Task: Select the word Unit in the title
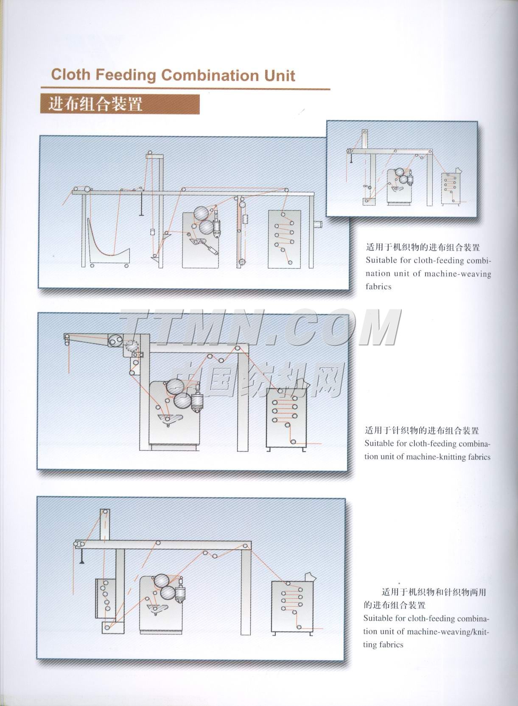[280, 76]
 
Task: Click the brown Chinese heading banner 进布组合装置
[120, 104]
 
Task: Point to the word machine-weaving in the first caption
[458, 274]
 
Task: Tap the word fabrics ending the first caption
[378, 286]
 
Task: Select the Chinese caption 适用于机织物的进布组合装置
[423, 247]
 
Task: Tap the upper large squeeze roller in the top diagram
[201, 214]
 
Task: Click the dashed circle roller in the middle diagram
[132, 346]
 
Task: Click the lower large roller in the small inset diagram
[403, 180]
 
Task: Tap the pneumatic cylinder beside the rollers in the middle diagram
[198, 398]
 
